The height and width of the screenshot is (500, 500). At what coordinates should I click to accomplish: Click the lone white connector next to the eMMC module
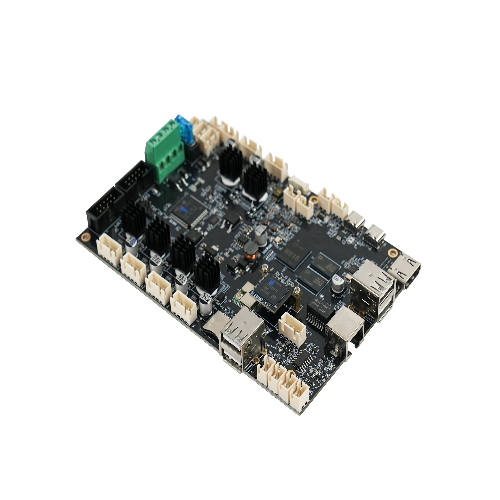pyautogui.click(x=291, y=325)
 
